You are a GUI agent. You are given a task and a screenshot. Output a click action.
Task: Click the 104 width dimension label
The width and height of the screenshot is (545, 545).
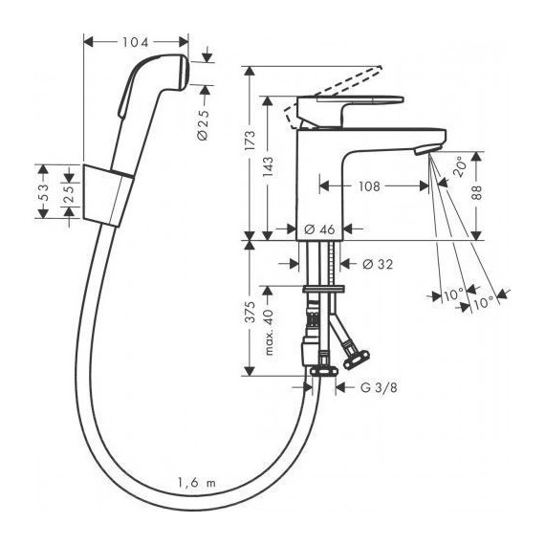[x=135, y=42]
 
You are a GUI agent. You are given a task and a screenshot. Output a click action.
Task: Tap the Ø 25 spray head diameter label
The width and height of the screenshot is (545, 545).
[x=204, y=125]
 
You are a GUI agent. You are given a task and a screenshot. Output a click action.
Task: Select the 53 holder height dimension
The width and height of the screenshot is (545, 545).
[x=43, y=192]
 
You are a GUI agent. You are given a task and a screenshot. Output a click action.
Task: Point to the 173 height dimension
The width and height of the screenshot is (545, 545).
[x=250, y=140]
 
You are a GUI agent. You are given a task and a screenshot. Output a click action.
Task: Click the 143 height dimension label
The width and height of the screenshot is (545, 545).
[x=268, y=167]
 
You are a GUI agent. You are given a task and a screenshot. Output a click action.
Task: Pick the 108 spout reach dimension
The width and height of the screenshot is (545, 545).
[x=369, y=186]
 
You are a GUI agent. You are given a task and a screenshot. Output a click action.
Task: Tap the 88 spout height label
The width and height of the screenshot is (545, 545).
[x=477, y=192]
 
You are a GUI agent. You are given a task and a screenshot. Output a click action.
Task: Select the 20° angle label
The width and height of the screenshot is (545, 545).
[x=459, y=167]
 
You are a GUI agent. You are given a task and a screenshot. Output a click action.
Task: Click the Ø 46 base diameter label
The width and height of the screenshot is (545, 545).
[x=319, y=229]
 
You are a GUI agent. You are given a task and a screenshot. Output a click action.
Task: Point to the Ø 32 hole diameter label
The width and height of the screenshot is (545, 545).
[x=378, y=264]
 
